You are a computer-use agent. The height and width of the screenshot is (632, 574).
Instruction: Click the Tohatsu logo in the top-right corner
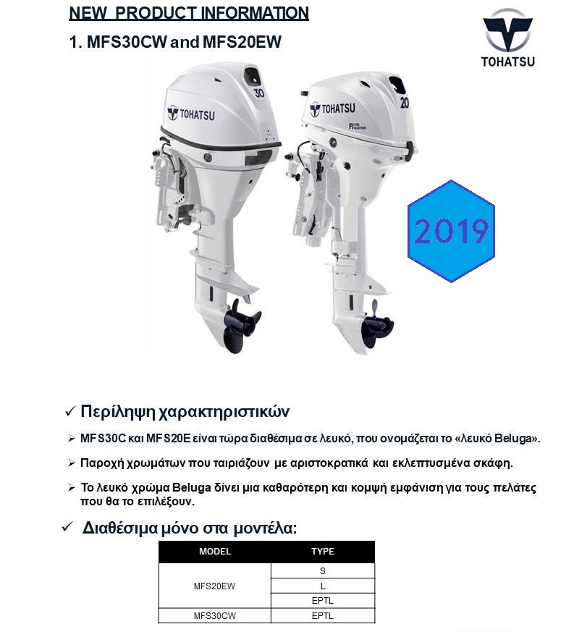(x=507, y=37)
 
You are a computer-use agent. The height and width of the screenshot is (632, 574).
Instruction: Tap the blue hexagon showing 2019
(x=451, y=231)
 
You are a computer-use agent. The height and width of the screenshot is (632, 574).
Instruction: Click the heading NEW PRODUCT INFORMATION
(x=188, y=14)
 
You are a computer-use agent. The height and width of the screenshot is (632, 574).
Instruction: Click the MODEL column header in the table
(x=214, y=552)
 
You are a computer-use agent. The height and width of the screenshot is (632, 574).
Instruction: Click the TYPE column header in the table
(x=322, y=552)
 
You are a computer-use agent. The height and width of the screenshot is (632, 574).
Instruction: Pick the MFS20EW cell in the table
(x=214, y=586)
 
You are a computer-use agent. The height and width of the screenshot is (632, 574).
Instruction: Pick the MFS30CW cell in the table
(x=214, y=615)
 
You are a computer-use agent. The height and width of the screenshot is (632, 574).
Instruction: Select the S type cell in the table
(x=322, y=570)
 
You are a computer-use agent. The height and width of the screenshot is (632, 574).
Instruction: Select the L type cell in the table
(x=322, y=586)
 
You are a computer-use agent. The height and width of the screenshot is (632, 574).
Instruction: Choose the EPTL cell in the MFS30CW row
(x=322, y=615)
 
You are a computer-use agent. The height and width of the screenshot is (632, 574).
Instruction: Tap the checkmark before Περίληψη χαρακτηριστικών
(x=70, y=412)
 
